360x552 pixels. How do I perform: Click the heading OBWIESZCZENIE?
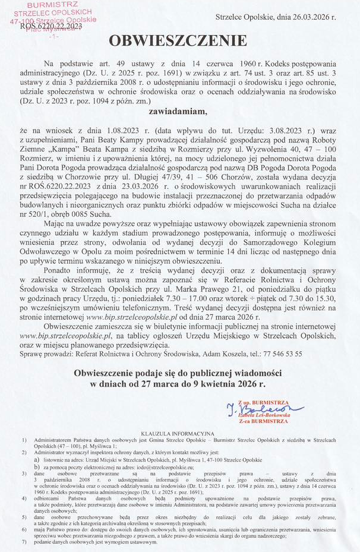pyautogui.click(x=176, y=41)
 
